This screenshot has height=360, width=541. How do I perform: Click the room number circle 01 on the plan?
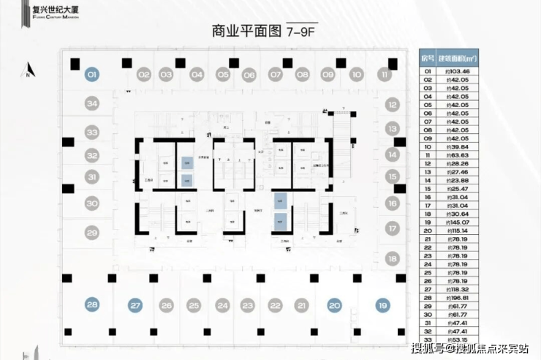[92, 74]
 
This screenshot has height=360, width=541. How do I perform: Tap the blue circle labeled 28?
[92, 305]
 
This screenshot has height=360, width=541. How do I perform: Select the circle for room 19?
[382, 305]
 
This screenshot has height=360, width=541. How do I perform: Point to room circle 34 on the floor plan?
[92, 104]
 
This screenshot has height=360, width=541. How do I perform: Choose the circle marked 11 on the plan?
[384, 74]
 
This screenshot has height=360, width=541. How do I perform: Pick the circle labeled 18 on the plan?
[392, 258]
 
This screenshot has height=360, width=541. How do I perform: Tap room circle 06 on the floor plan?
[249, 75]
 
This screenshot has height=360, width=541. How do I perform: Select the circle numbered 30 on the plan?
[92, 203]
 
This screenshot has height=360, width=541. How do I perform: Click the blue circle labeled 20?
[335, 305]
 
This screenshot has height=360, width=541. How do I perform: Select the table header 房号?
[428, 58]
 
